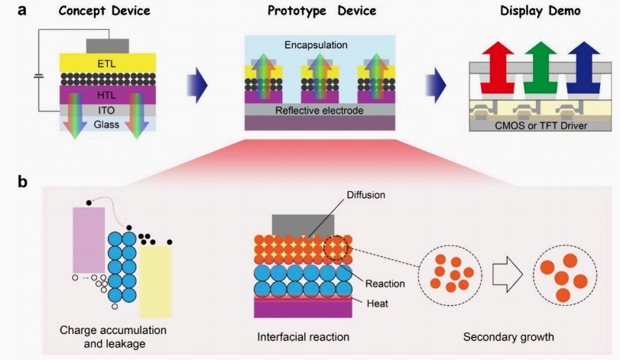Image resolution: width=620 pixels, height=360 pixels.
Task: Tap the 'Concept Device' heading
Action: point(103,11)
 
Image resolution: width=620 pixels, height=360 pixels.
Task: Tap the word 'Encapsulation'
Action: point(317,45)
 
